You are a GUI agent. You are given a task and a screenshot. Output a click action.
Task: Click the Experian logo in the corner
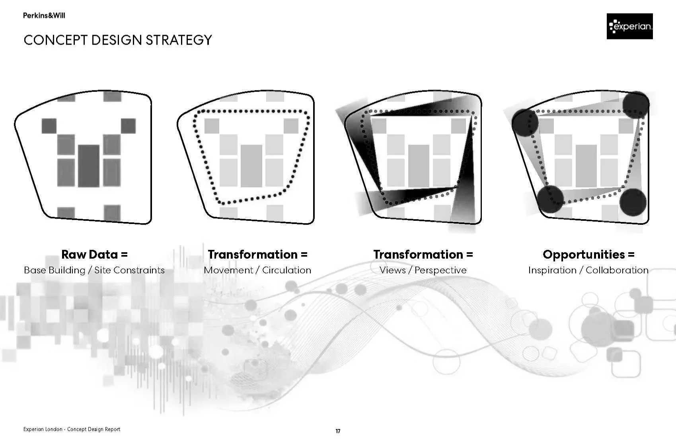(629, 26)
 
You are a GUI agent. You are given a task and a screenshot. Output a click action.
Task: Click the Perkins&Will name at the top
(44, 16)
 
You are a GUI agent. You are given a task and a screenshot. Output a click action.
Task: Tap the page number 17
(338, 431)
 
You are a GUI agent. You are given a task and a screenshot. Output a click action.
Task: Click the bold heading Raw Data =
(94, 254)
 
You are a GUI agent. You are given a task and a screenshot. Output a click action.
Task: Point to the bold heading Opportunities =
(588, 254)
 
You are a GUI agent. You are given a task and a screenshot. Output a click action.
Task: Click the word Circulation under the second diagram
(286, 270)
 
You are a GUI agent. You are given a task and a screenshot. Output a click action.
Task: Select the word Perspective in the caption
(440, 270)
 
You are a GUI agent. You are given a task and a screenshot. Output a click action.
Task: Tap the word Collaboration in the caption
(617, 270)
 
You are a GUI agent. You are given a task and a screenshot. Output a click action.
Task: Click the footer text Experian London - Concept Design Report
(72, 429)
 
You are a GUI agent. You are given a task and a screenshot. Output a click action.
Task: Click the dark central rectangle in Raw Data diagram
(88, 166)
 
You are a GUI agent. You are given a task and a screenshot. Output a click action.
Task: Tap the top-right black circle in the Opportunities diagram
(635, 104)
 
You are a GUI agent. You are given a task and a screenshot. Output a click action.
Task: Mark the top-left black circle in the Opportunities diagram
(525, 121)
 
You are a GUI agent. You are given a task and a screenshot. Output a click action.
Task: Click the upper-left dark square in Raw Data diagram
(49, 126)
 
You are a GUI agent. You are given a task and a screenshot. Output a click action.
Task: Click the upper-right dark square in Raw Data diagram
(128, 126)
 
